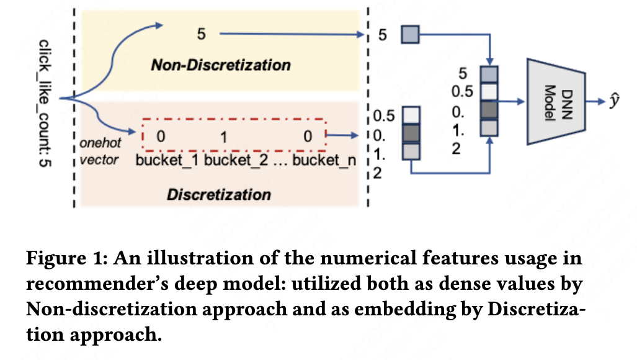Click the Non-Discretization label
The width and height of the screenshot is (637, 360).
220,65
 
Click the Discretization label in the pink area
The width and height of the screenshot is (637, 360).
219,194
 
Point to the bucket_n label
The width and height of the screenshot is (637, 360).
324,161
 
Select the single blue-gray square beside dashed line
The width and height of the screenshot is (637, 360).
411,35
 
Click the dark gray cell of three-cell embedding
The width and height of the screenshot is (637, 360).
411,133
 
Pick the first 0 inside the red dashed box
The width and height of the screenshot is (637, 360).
161,137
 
